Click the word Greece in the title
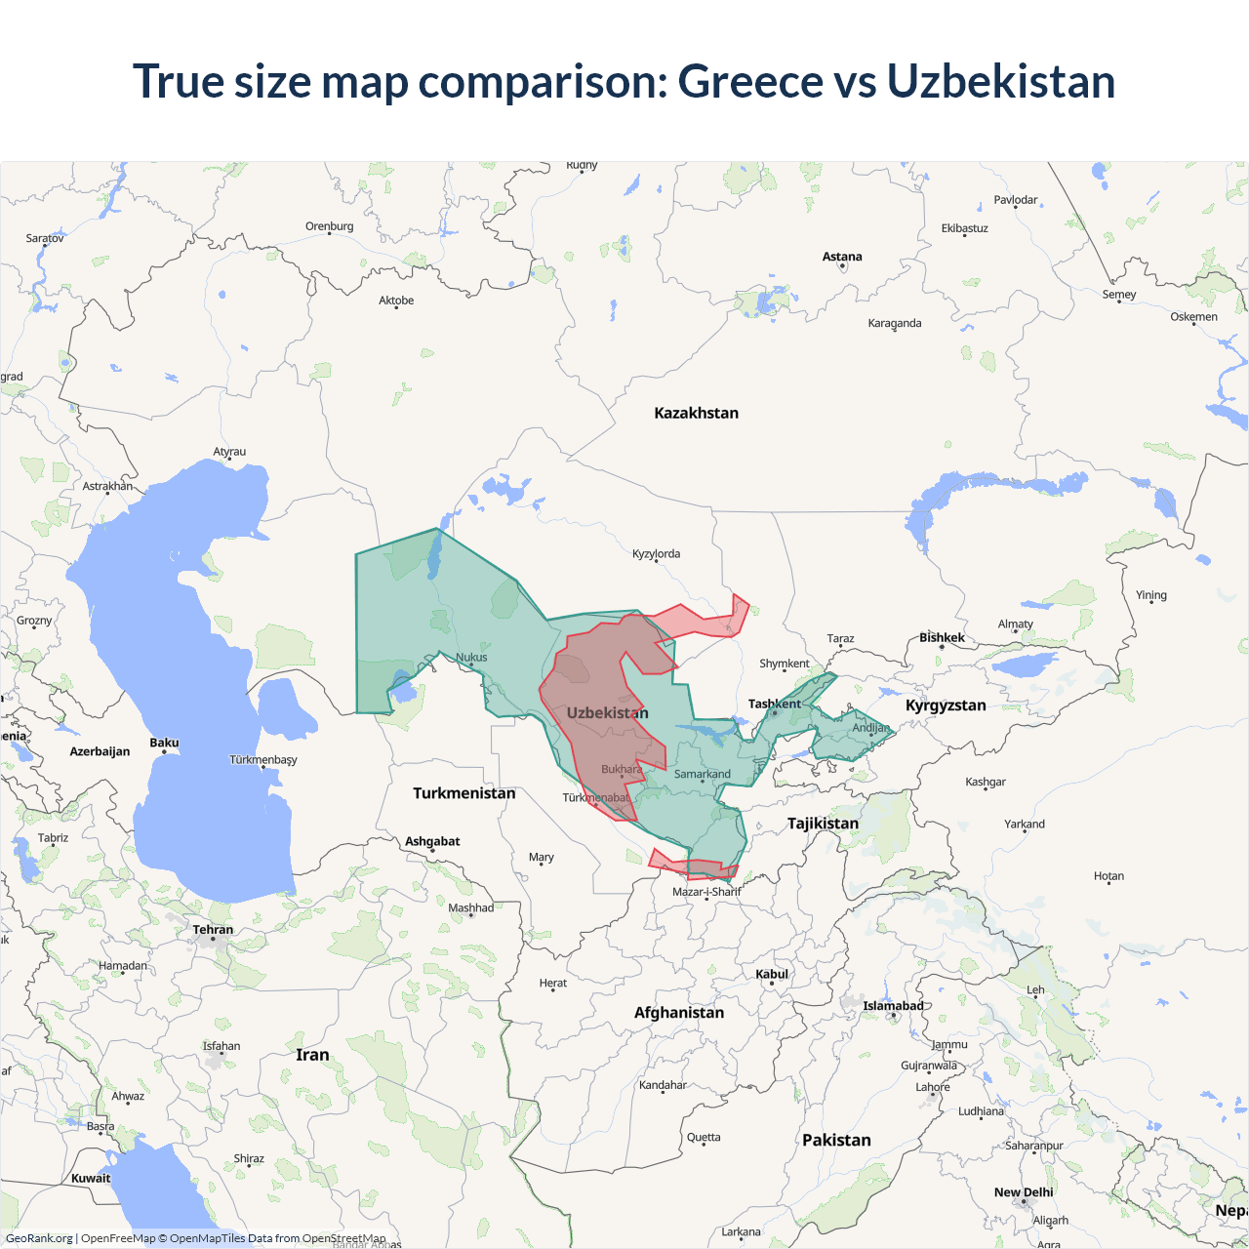coord(749,81)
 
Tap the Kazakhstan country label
coord(696,413)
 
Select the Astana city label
coord(842,257)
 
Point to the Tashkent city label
coord(774,704)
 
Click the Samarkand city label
coord(702,774)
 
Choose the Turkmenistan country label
coord(463,793)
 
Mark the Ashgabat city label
coord(432,841)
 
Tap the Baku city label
coord(164,743)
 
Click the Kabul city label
coord(771,974)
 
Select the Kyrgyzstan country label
coord(946,705)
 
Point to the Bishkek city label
coord(942,637)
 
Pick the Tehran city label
coord(213,929)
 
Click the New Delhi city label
coord(1024,1192)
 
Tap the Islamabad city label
coord(893,1006)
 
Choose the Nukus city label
coord(471,657)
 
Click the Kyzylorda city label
coord(656,553)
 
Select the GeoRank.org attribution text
coord(39,1238)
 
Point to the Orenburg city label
coord(329,226)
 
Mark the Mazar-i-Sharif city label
coord(706,891)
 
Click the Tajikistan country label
coord(823,824)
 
